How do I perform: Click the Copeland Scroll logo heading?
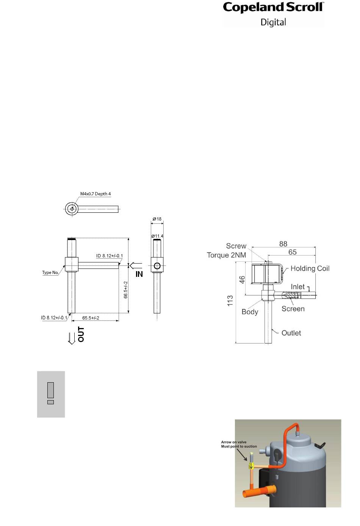[273, 8]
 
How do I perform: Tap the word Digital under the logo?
[273, 22]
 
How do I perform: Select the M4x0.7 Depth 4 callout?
[95, 194]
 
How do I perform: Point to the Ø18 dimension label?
[157, 219]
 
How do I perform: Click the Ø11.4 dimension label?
[157, 236]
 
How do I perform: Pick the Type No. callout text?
[50, 272]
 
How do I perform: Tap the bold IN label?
[139, 274]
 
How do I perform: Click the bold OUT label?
[81, 334]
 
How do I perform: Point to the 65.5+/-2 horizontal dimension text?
[91, 318]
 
